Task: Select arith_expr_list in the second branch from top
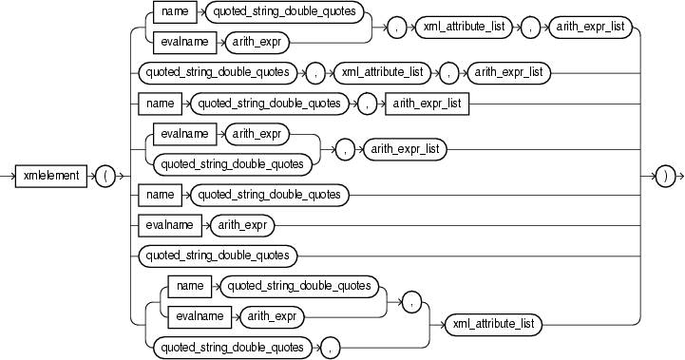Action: [511, 71]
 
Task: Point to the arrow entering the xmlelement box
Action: [11, 176]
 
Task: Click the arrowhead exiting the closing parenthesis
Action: [680, 176]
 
